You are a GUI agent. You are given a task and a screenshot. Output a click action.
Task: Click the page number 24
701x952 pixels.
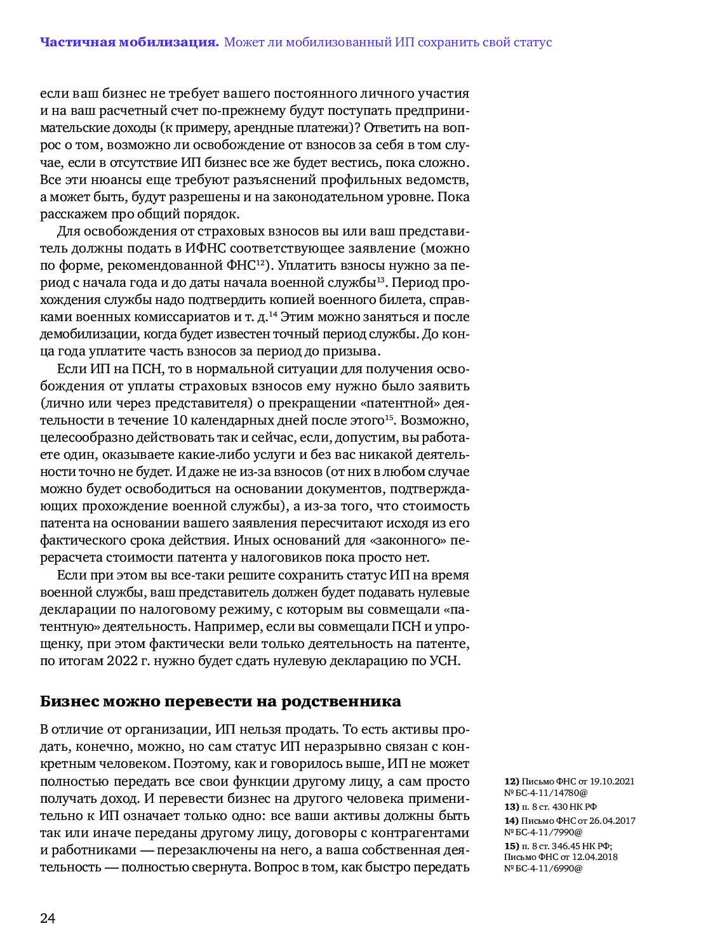tap(48, 918)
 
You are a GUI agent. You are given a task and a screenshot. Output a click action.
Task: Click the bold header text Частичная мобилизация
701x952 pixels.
tap(129, 43)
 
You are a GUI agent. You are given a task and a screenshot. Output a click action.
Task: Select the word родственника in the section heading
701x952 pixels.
tap(341, 701)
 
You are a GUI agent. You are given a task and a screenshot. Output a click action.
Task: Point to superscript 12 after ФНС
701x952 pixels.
tap(261, 262)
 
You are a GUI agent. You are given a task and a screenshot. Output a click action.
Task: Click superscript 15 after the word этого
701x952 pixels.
tap(389, 417)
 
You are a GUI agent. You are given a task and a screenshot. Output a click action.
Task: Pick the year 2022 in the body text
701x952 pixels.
tap(122, 661)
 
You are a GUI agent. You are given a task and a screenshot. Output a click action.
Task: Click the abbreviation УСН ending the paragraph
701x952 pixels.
tap(444, 661)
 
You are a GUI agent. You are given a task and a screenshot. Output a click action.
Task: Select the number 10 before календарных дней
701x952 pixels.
tap(180, 420)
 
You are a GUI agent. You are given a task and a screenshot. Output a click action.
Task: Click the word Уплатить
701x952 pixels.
tap(306, 265)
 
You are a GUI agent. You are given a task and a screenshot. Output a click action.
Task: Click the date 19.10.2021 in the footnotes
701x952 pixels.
tap(612, 781)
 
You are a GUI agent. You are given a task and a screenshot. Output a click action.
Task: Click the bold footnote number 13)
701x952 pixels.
tap(512, 807)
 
